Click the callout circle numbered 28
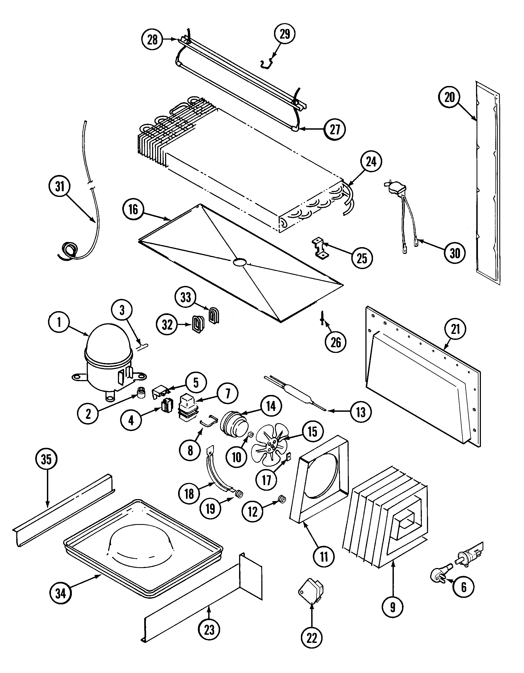[152, 40]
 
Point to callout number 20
[449, 97]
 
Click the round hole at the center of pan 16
[240, 262]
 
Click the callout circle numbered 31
[60, 186]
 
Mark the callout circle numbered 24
[371, 161]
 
